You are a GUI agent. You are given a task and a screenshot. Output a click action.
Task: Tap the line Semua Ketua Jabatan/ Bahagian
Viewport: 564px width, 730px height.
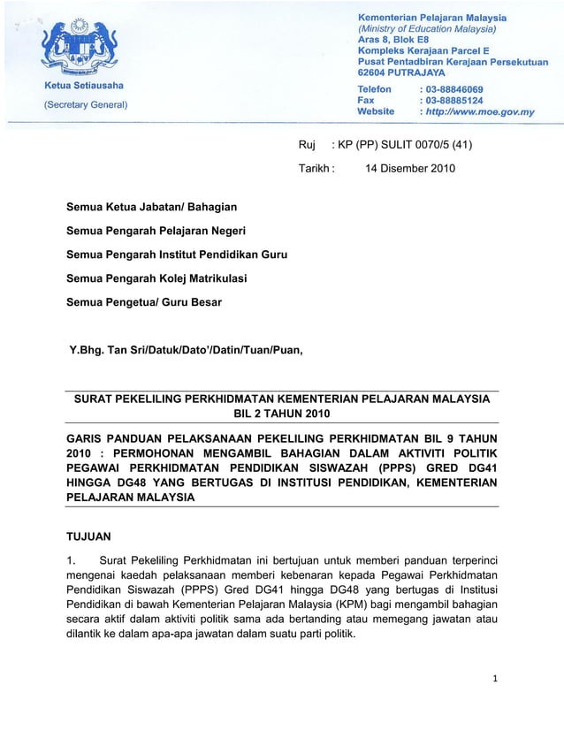click(x=152, y=207)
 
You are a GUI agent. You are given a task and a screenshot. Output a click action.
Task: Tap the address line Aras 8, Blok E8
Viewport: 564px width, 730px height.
click(x=398, y=40)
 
